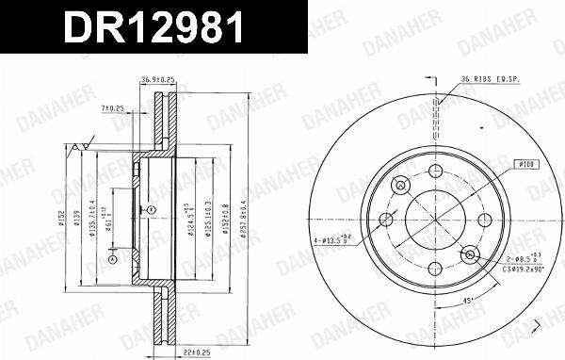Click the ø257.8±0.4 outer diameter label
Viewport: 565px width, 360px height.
(x=243, y=219)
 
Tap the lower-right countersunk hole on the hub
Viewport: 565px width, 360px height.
(x=468, y=254)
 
